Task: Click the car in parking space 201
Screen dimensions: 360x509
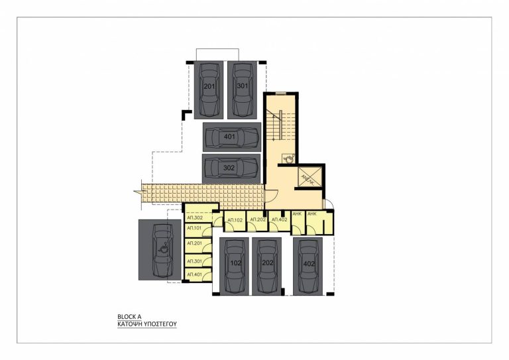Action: click(x=209, y=89)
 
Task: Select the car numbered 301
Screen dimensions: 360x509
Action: click(x=243, y=89)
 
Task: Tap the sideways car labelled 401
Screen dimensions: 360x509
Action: click(x=231, y=137)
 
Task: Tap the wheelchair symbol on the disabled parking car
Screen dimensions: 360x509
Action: click(x=161, y=251)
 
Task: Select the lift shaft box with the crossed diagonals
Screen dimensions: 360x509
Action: click(x=308, y=176)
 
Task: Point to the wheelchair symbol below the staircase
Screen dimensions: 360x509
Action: click(x=288, y=158)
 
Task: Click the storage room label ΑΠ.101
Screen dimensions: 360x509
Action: click(x=194, y=229)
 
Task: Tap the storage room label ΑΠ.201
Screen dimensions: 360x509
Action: click(x=194, y=244)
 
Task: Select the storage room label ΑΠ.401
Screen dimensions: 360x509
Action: click(x=194, y=274)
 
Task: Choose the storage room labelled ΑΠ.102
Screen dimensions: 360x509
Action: click(x=235, y=220)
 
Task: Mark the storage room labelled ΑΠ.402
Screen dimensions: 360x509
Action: click(x=279, y=220)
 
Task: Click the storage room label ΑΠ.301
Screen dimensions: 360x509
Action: click(x=194, y=261)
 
